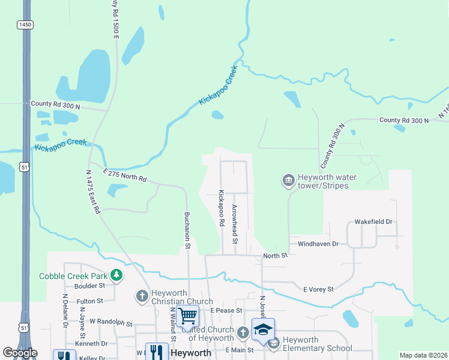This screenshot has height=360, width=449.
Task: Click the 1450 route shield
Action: [x=24, y=24]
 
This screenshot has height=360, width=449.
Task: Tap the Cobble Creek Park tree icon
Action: [x=116, y=276]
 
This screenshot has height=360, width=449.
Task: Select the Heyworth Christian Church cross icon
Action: [x=142, y=296]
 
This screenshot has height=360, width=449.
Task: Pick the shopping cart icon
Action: [x=187, y=314]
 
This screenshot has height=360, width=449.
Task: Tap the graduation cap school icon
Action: [x=263, y=329]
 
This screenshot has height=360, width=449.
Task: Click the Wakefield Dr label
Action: [x=373, y=222]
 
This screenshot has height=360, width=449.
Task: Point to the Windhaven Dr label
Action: [x=318, y=244]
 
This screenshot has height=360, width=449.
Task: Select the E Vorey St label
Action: [x=318, y=290]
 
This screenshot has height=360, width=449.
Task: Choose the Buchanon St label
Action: [x=187, y=230]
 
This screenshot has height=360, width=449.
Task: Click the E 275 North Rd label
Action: [x=125, y=175]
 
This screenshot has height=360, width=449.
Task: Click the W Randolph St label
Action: [x=110, y=322]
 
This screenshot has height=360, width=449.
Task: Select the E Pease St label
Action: [x=226, y=310]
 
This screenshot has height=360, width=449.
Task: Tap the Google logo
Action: [x=20, y=353]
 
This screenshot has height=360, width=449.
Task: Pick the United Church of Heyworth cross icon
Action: [x=243, y=332]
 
